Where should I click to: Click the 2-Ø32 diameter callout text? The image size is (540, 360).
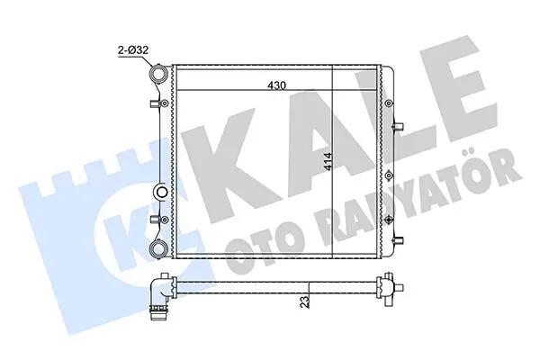click(x=133, y=50)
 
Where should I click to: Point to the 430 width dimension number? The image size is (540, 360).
click(x=277, y=85)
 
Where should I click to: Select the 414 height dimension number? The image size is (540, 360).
click(x=328, y=161)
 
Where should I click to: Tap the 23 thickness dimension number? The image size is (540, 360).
click(x=304, y=302)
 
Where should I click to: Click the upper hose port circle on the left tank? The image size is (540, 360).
click(x=158, y=74)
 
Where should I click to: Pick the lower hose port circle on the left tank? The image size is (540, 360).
click(x=158, y=247)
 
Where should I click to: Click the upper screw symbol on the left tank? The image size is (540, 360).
click(x=165, y=103)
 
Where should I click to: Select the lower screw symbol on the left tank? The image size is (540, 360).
click(x=165, y=220)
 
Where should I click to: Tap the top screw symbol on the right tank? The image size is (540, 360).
click(x=389, y=103)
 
